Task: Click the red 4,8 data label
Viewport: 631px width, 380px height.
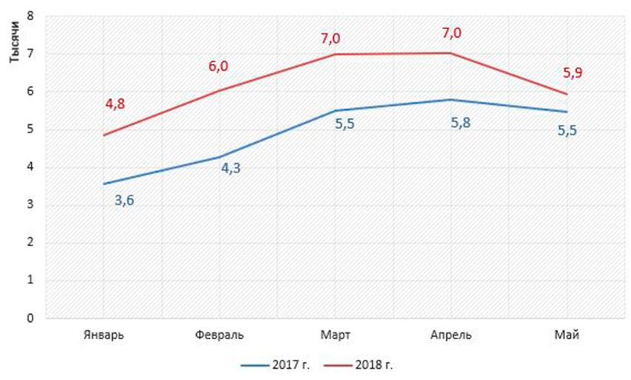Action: [x=114, y=104]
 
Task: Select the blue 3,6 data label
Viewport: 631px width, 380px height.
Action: [x=124, y=199]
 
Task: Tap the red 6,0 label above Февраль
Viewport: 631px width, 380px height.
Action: [x=218, y=67]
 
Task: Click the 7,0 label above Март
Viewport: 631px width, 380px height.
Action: [x=330, y=39]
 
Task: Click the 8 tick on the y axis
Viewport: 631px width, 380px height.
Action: [x=30, y=16]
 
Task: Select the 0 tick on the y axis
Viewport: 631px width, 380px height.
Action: [x=30, y=318]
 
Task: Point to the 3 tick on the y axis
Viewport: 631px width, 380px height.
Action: [x=30, y=205]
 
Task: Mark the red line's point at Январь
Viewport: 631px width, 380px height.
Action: [x=103, y=135]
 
